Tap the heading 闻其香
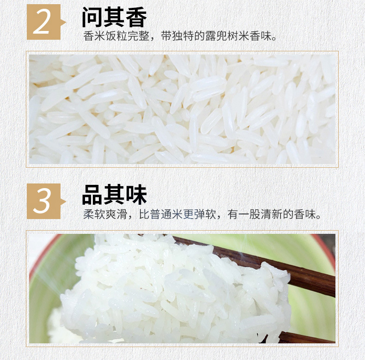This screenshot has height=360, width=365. [114, 17]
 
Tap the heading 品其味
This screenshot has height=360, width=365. [114, 195]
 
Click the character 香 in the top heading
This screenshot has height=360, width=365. [136, 17]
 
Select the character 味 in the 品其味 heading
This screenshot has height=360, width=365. [136, 195]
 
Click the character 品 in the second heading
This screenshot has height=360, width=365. [92, 195]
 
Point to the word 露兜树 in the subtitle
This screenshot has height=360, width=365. [222, 36]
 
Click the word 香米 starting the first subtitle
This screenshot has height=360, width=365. [94, 36]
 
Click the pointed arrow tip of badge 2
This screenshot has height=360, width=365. [66, 22]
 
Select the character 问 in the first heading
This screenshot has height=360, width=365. [92, 17]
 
